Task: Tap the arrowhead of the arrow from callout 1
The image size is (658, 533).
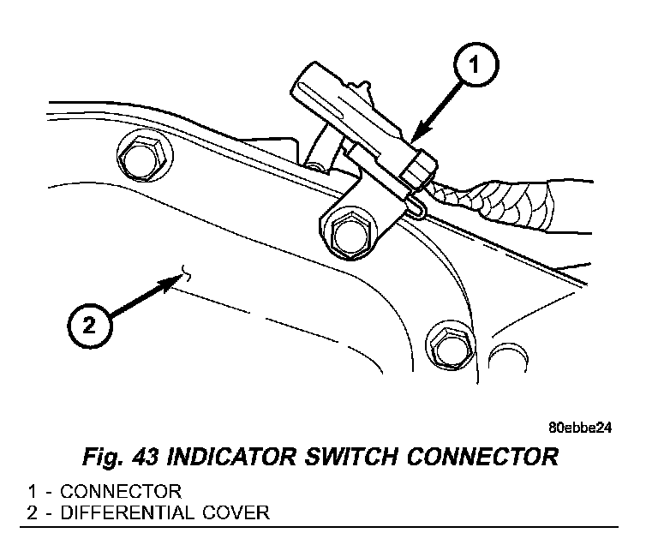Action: [414, 137]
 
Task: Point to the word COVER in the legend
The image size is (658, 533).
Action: [242, 512]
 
